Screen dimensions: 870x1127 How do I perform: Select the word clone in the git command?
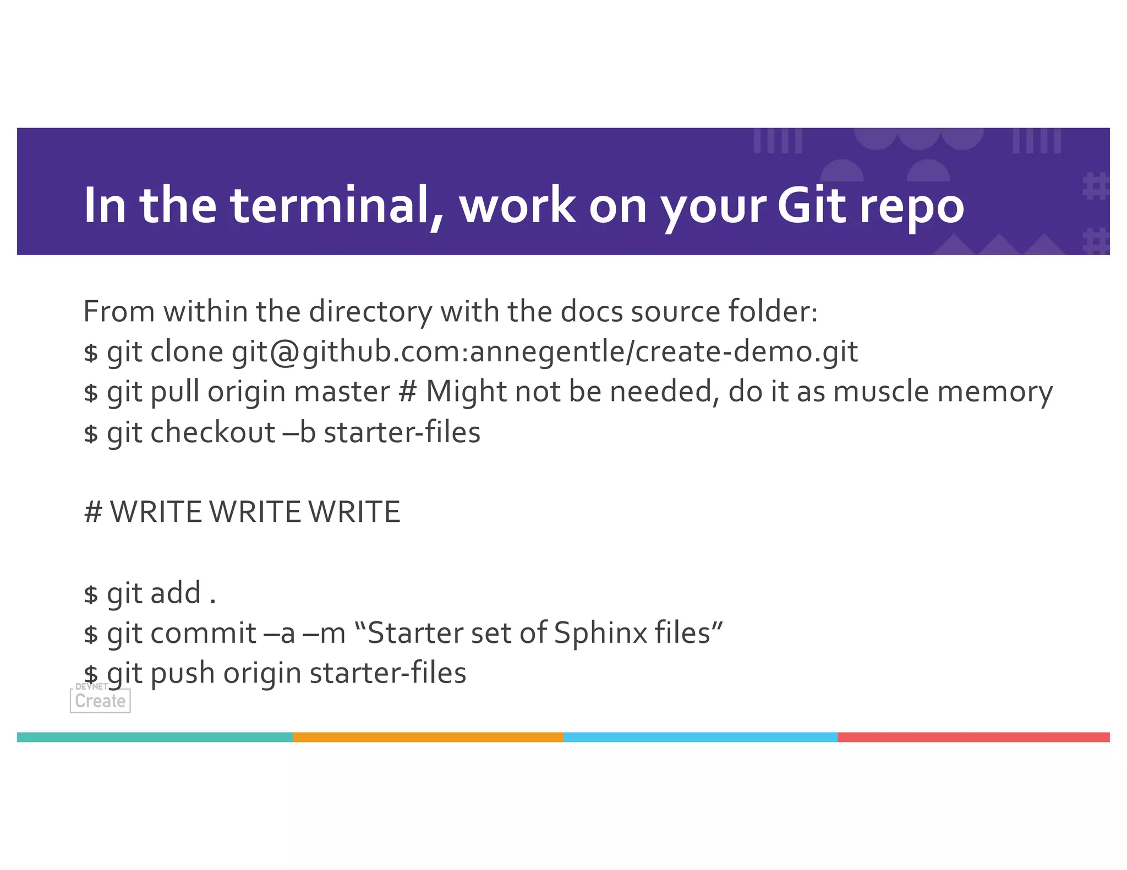click(187, 351)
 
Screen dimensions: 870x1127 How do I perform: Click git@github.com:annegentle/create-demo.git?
click(544, 352)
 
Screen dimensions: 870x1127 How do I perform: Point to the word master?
click(342, 392)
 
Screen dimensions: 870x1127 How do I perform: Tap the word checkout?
click(212, 432)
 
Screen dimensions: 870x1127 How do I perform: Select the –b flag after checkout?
click(299, 432)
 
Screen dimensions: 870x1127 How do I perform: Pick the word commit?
click(203, 633)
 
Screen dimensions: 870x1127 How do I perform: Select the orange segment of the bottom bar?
click(428, 737)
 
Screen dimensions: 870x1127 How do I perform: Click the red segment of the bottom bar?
click(973, 737)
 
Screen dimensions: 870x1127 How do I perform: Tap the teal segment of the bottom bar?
click(155, 737)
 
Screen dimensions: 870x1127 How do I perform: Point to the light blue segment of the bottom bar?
click(700, 737)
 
